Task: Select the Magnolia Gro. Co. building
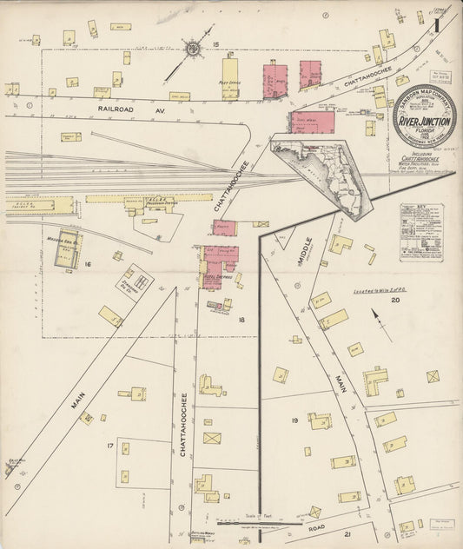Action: [x=65, y=249]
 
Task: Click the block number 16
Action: [x=88, y=262]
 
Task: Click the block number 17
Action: [x=110, y=446]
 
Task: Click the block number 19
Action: [x=294, y=420]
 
